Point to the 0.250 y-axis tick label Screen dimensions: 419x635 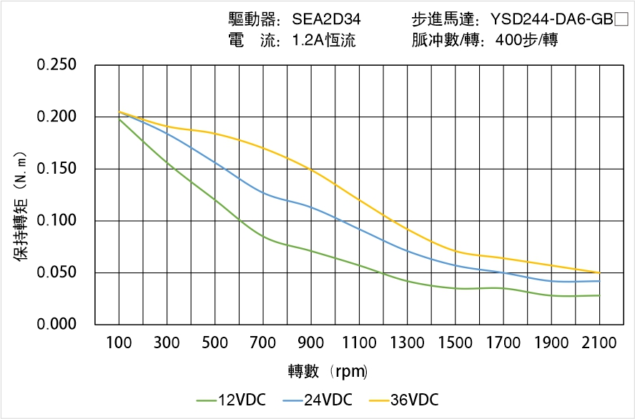click(56, 65)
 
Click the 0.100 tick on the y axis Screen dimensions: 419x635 click(56, 220)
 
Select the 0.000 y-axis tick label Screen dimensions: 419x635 click(56, 324)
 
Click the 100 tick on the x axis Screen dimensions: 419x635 click(119, 344)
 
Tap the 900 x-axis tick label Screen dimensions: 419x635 click(311, 344)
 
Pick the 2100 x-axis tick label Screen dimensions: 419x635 click(599, 344)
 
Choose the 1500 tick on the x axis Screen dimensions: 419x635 click(455, 344)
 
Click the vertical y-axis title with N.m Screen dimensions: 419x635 click(21, 207)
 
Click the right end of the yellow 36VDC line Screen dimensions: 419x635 click(599, 272)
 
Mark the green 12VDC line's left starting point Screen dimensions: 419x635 click(119, 119)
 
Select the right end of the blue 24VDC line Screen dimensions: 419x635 click(599, 281)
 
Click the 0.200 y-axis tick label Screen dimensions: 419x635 click(56, 117)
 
